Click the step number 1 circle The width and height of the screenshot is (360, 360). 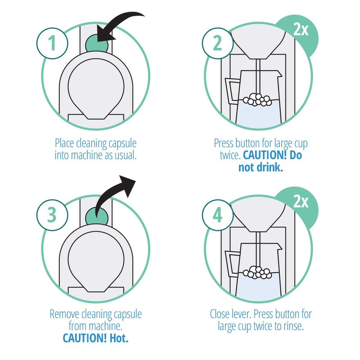coord(52,44)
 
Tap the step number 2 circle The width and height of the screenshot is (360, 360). coord(218,44)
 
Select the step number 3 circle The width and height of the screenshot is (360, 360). coord(52,215)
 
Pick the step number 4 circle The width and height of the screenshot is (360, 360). coord(218,215)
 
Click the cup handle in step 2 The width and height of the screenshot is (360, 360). coord(232,92)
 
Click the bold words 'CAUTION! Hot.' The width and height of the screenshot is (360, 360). coord(95,337)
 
